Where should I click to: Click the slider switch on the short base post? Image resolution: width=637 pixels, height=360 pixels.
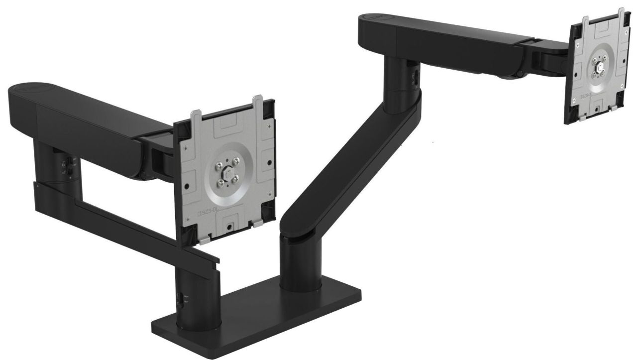pyautogui.click(x=180, y=299)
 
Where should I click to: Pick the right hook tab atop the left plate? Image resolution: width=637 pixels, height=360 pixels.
pyautogui.click(x=258, y=102)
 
